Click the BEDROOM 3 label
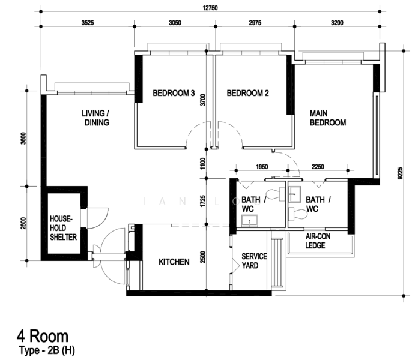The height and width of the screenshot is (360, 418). tap(174, 93)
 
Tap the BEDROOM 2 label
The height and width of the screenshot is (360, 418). tap(247, 93)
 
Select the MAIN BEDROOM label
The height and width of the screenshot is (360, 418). tap(328, 118)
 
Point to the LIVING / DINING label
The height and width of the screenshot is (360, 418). tap(96, 118)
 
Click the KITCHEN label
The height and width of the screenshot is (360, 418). tap(174, 262)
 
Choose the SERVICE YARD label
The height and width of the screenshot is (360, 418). tap(254, 261)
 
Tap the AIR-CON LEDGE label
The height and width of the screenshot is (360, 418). tap(318, 241)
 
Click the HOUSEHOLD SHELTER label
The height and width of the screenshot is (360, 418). tap(63, 228)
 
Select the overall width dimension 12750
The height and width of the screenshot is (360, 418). tap(210, 8)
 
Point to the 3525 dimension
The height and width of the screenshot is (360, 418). tap(88, 23)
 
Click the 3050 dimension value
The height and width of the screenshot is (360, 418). tap(175, 23)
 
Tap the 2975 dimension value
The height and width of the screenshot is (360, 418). tap(255, 23)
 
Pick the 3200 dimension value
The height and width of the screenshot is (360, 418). tap(338, 23)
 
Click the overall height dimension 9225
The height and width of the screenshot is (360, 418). tap(400, 173)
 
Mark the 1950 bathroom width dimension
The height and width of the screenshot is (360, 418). tap(262, 167)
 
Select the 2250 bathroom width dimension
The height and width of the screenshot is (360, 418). tap(318, 167)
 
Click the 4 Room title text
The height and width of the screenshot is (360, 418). tap(43, 337)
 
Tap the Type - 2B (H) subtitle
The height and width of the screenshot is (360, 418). tap(47, 350)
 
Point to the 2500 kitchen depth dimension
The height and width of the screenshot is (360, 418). tap(203, 257)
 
